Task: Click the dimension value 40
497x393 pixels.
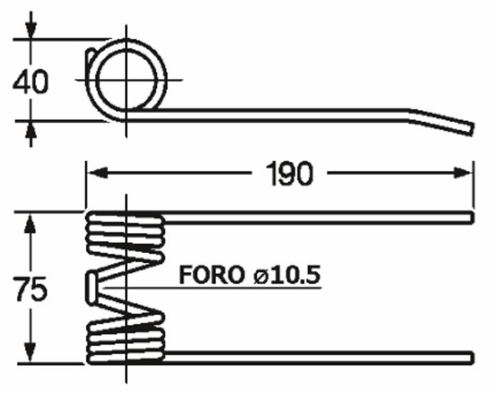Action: tap(30, 82)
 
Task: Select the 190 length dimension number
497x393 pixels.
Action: tap(288, 173)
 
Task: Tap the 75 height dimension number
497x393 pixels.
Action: tap(30, 290)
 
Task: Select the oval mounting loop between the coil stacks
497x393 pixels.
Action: tap(92, 286)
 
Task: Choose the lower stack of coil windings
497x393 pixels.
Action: tap(125, 338)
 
